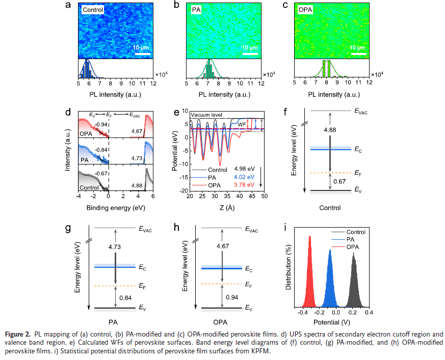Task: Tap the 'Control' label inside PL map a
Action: [x=92, y=10]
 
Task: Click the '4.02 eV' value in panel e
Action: [x=244, y=178]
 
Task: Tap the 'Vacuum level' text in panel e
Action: [x=206, y=115]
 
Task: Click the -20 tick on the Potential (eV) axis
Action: [x=185, y=191]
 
